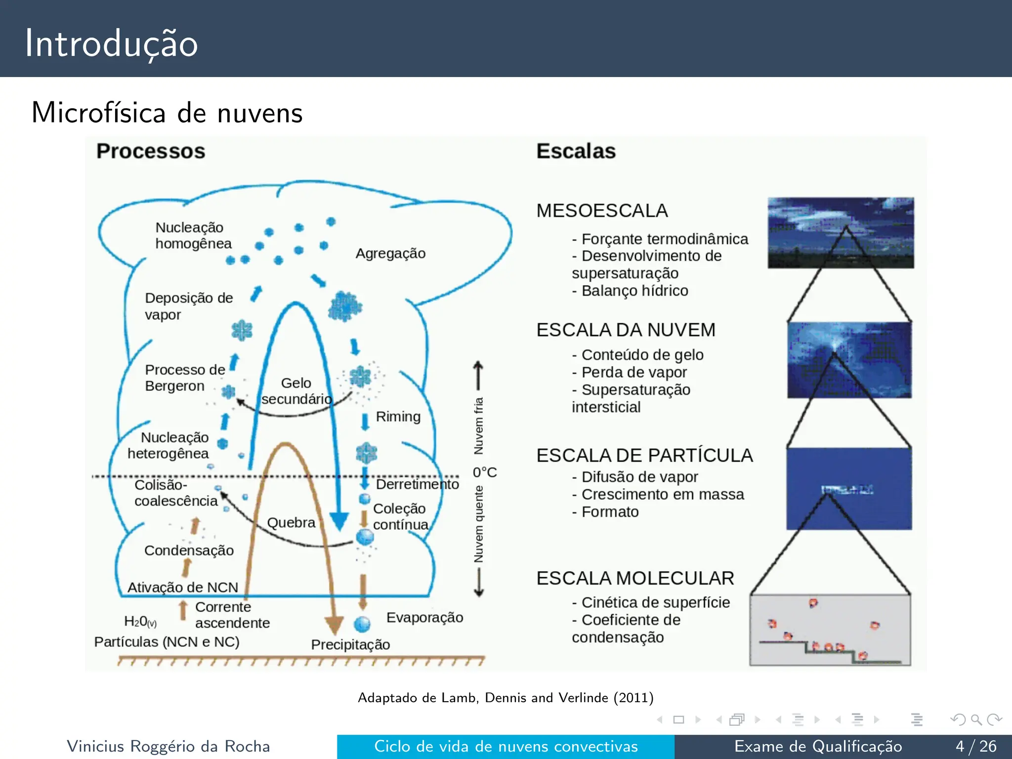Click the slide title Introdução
(x=112, y=43)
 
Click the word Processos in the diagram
(x=151, y=151)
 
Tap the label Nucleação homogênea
(x=193, y=236)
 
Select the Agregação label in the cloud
(x=390, y=253)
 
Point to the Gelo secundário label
(x=296, y=391)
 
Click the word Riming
(x=398, y=417)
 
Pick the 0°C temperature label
(x=484, y=472)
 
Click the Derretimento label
(x=417, y=484)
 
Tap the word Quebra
(x=291, y=523)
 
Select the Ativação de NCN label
(x=183, y=587)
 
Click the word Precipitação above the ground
(x=350, y=644)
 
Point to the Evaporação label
(x=424, y=617)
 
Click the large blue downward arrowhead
(x=339, y=521)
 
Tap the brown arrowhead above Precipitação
(x=335, y=625)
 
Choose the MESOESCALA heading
(x=602, y=211)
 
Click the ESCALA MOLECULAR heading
(x=635, y=578)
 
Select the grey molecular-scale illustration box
(x=830, y=630)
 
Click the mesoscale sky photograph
(x=840, y=233)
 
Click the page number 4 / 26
(x=975, y=746)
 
